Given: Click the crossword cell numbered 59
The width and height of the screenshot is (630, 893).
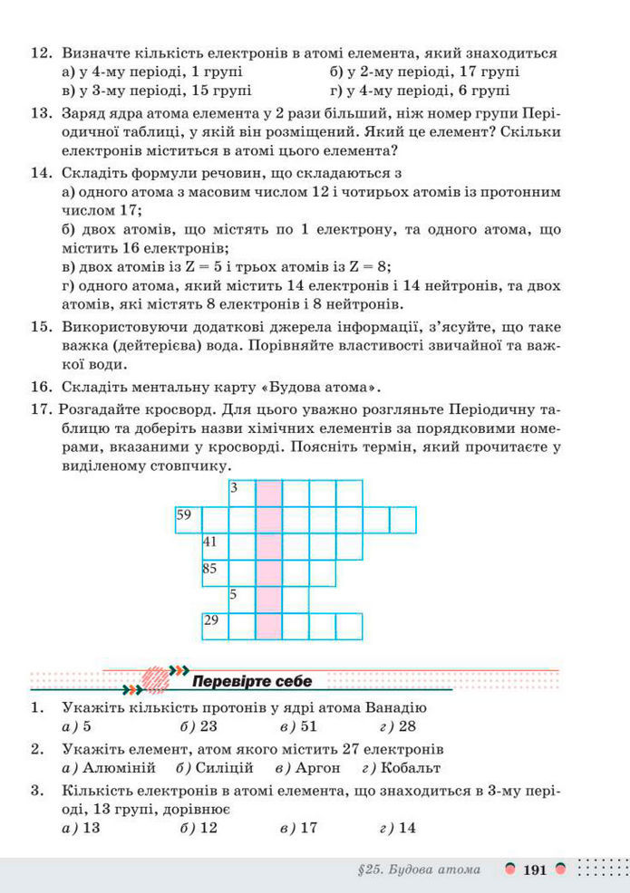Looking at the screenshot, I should (188, 520).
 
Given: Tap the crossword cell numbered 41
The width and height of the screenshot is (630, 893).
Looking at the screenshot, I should (215, 547).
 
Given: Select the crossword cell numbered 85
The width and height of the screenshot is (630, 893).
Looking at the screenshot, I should (215, 573).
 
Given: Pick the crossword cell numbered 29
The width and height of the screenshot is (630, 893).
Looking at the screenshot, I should (215, 627).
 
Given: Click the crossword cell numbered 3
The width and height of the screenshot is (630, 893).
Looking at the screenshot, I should (241, 494).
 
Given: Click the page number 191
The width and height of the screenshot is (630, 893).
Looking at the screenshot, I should (535, 870).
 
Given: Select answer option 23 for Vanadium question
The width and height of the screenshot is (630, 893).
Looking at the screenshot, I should (208, 726).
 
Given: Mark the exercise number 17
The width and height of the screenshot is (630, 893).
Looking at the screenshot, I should (42, 408).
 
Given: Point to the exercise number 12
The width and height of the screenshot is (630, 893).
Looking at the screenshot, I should (42, 53).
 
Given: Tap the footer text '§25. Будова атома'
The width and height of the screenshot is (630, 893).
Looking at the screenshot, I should (419, 870).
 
